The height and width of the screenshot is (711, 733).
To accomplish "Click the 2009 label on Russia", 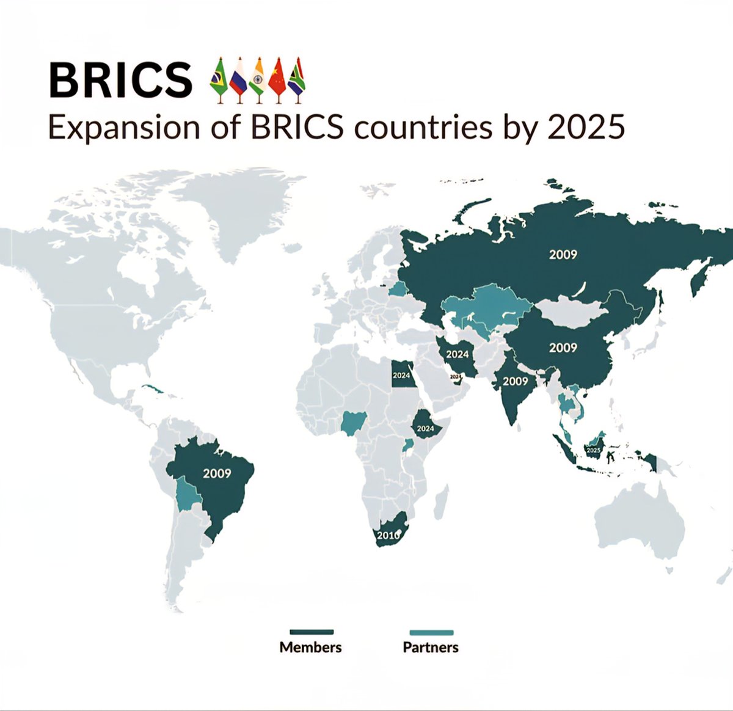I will click(x=563, y=254).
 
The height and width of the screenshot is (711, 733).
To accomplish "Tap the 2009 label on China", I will click(x=563, y=348).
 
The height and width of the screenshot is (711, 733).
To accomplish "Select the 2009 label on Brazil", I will click(x=217, y=473).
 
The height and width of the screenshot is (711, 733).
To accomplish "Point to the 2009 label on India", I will click(x=515, y=381).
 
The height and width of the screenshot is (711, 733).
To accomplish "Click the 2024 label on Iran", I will click(x=457, y=354).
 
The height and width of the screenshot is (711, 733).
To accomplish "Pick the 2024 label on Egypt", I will click(x=401, y=376).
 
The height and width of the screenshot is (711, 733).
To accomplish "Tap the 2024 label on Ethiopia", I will click(x=425, y=429).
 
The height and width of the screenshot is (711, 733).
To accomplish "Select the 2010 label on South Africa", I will click(x=388, y=536).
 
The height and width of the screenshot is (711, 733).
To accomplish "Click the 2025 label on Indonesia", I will click(x=593, y=450).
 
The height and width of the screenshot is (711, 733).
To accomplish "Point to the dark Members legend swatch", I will click(x=311, y=632).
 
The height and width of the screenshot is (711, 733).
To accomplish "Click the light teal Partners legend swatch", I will click(x=431, y=632).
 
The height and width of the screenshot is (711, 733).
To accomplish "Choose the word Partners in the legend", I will click(x=431, y=647).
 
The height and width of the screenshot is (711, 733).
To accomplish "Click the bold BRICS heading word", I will click(x=120, y=80).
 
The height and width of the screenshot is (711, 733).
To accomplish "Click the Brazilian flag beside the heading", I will click(x=217, y=78).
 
